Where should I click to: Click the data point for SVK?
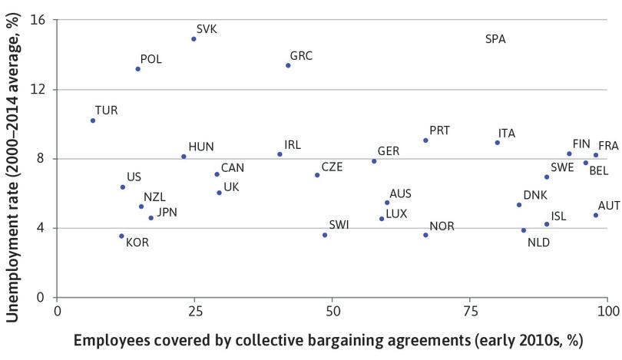pos(194,39)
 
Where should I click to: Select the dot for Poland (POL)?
pos(137,69)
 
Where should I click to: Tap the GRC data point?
pos(288,65)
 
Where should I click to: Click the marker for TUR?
pos(93,121)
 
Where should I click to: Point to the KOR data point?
pos(121,236)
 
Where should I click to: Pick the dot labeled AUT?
pos(595,215)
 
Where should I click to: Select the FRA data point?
pos(596,155)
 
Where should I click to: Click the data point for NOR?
pos(425,235)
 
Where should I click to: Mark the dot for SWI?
pos(325,235)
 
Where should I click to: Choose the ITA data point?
pos(498,143)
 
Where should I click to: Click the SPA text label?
pos(495,39)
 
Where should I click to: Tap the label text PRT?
pos(439,130)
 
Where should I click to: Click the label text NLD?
pos(539,243)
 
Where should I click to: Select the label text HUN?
pos(201,147)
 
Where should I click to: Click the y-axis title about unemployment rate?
pos(13,157)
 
